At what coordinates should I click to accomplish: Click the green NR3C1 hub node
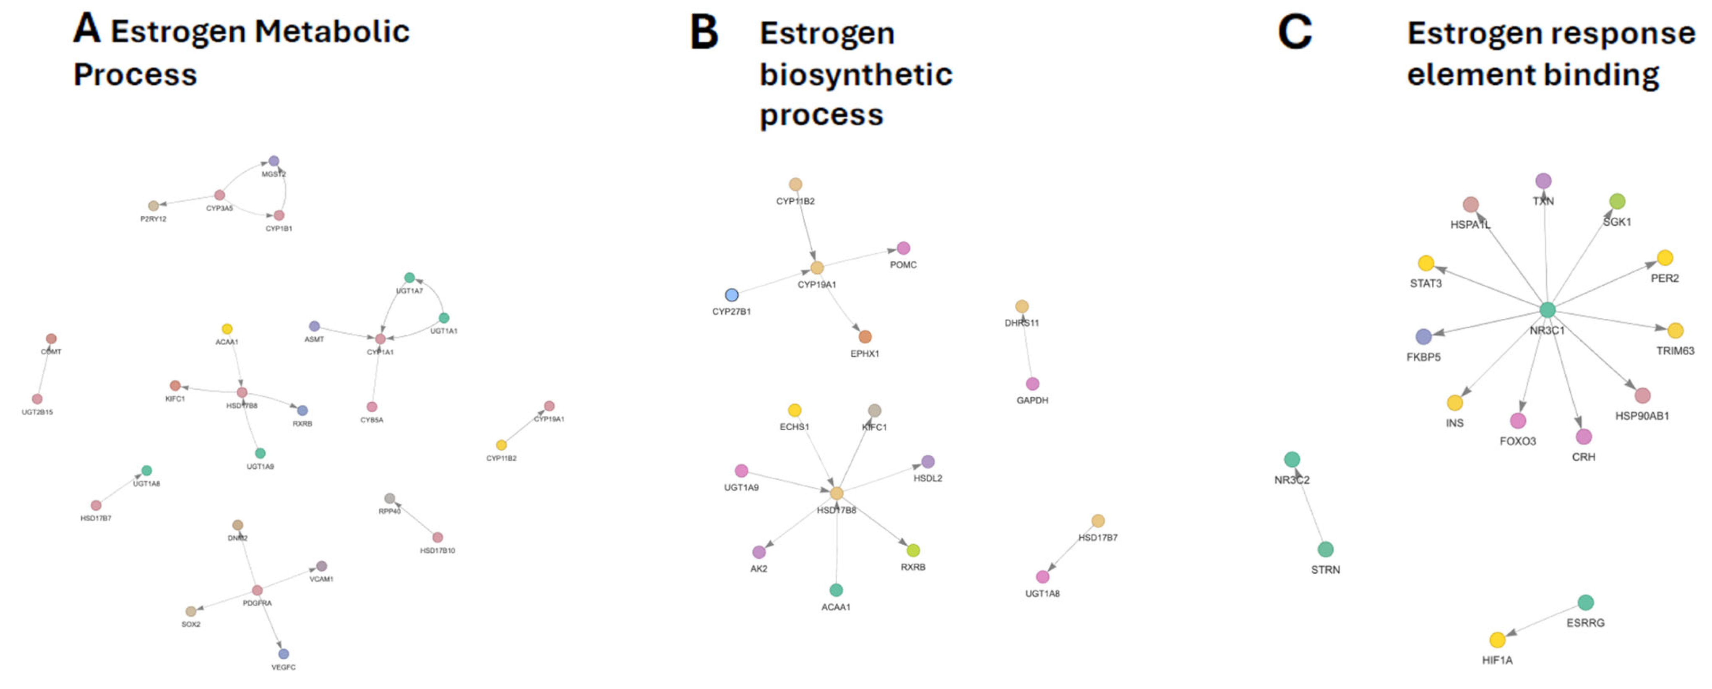pyautogui.click(x=1547, y=309)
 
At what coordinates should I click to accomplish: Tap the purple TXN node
pyautogui.click(x=1543, y=181)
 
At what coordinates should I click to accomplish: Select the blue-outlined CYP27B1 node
pyautogui.click(x=731, y=295)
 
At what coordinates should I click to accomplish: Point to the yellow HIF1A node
pyautogui.click(x=1497, y=640)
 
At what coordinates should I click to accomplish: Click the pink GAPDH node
pyautogui.click(x=1032, y=384)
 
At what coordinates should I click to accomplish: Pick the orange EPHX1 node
pyautogui.click(x=865, y=337)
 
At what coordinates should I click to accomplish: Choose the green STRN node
pyautogui.click(x=1325, y=549)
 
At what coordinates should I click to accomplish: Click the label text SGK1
pyautogui.click(x=1616, y=222)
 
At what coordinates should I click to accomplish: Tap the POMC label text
pyautogui.click(x=903, y=265)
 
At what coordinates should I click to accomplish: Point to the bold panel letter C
pyautogui.click(x=1295, y=32)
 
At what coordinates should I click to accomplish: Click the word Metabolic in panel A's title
pyautogui.click(x=332, y=32)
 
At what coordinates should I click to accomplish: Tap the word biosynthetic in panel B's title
pyautogui.click(x=856, y=74)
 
